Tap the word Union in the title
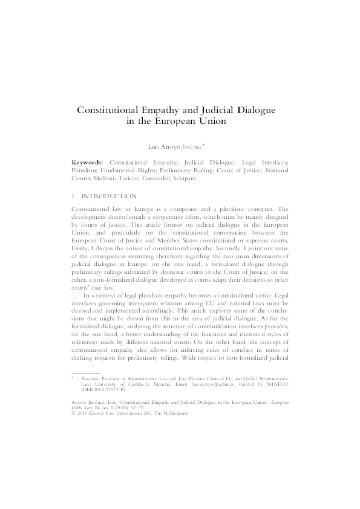[x=212, y=121]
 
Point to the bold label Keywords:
[x=88, y=163]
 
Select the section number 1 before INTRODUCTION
[x=74, y=196]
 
